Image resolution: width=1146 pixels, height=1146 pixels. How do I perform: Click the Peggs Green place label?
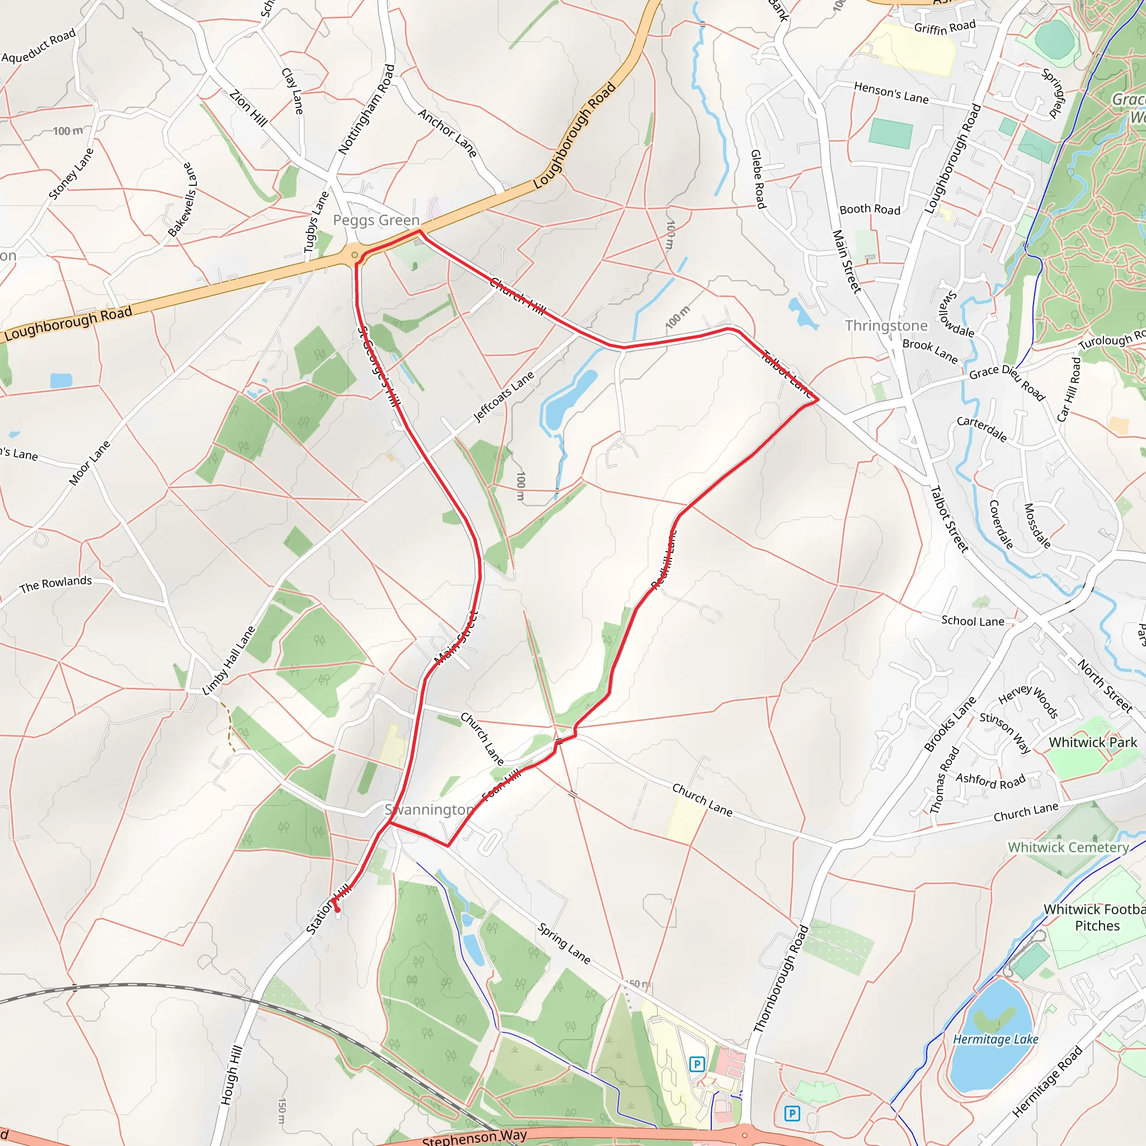(376, 220)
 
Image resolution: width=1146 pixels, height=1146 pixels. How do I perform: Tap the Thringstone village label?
(886, 326)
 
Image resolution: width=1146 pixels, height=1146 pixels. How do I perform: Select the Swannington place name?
(429, 810)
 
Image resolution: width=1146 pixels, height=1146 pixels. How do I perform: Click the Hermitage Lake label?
(995, 1039)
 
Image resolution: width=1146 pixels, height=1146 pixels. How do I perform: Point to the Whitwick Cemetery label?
(1068, 847)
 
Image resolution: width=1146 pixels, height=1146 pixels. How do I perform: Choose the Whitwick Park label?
(1093, 742)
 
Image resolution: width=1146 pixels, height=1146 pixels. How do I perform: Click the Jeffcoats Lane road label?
(504, 396)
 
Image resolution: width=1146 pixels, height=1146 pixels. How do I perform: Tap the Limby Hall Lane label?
(228, 660)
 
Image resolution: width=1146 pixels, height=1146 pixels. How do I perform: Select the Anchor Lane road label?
(447, 133)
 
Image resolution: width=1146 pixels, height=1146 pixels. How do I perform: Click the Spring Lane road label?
(563, 943)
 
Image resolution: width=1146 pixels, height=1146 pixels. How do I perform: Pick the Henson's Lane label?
(891, 93)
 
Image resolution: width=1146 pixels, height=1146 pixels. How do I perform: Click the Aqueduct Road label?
(39, 45)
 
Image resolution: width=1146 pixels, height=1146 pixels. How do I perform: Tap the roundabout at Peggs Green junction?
(355, 255)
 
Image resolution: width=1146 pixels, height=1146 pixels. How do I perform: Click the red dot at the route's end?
(337, 909)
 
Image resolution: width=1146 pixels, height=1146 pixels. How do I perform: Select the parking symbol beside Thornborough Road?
(791, 1114)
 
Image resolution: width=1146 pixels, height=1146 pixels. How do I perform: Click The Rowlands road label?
(56, 584)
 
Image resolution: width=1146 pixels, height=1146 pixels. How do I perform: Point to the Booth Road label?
(870, 209)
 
